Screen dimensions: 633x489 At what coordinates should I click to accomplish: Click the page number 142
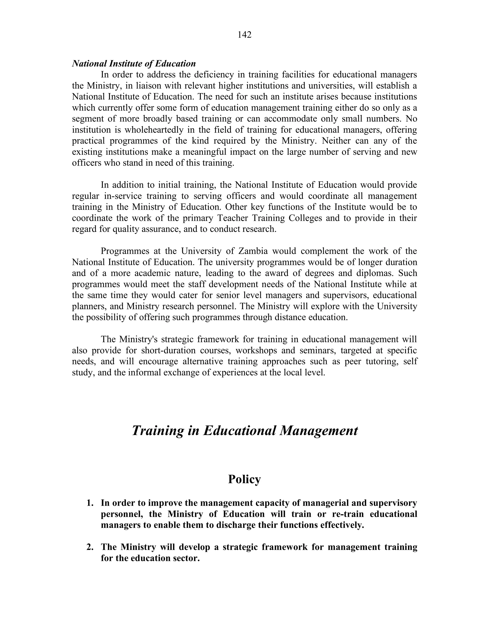click(x=244, y=35)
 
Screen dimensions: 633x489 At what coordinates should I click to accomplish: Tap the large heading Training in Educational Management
click(x=244, y=430)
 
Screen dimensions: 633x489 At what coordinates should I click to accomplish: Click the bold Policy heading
click(x=244, y=479)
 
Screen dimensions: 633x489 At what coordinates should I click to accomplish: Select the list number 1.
click(x=90, y=503)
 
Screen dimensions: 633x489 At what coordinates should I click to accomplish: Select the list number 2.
click(x=90, y=547)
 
